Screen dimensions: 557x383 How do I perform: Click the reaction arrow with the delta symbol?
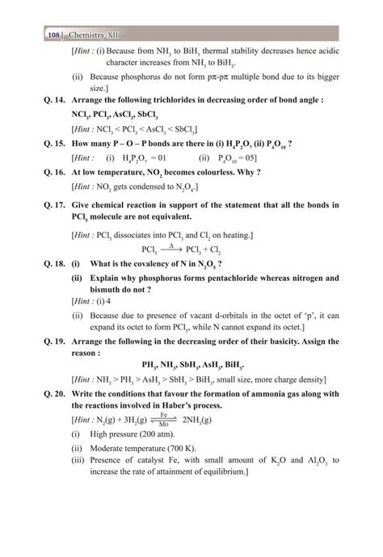point(168,249)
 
